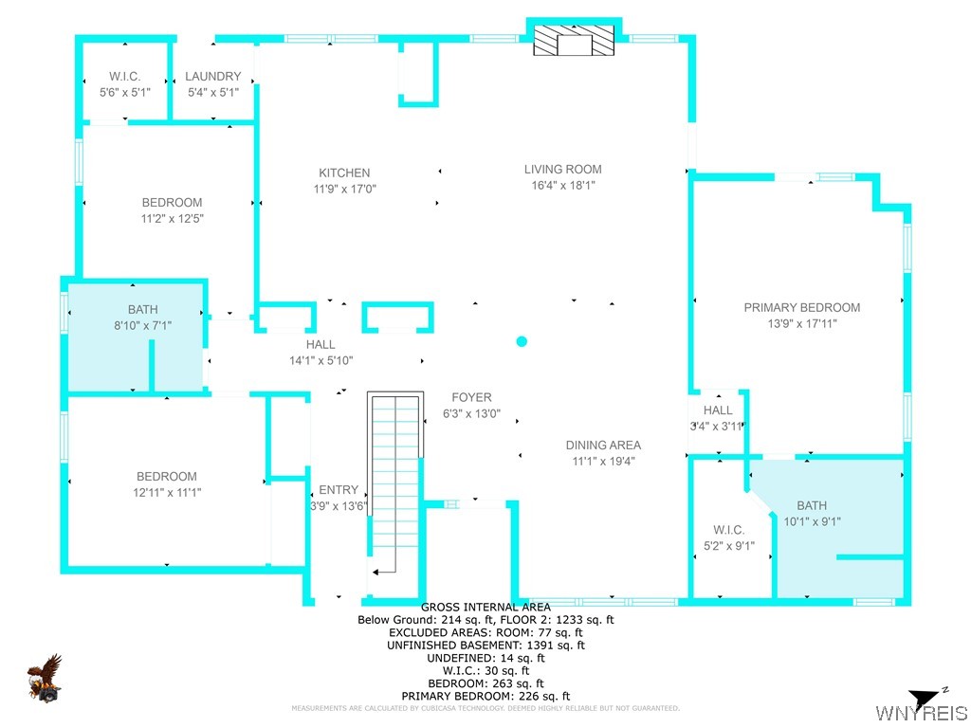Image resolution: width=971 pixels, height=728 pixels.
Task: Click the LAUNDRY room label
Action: pyautogui.click(x=213, y=76)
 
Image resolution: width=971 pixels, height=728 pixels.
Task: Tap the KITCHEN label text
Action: pyautogui.click(x=344, y=173)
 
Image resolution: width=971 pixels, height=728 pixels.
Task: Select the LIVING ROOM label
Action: pyautogui.click(x=563, y=169)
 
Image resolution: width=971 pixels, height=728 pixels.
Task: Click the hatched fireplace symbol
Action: pyautogui.click(x=574, y=40)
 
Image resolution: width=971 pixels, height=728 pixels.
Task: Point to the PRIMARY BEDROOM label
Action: pyautogui.click(x=802, y=308)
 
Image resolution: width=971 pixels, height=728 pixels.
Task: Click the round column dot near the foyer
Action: pyautogui.click(x=522, y=341)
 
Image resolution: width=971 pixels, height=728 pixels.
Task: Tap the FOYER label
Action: pyautogui.click(x=471, y=397)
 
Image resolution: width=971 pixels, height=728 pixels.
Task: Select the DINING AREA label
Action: pyautogui.click(x=603, y=446)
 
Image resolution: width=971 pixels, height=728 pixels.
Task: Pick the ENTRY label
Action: pyautogui.click(x=339, y=490)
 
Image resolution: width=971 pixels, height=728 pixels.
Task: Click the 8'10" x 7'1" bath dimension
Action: pyautogui.click(x=142, y=325)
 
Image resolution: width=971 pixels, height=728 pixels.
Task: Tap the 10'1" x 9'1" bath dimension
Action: pyautogui.click(x=812, y=521)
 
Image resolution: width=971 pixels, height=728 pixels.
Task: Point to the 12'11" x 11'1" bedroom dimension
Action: pyautogui.click(x=167, y=492)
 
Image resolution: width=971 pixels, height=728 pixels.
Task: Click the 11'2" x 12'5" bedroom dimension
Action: pyautogui.click(x=173, y=218)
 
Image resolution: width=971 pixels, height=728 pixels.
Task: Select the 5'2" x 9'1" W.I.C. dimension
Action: pyautogui.click(x=729, y=546)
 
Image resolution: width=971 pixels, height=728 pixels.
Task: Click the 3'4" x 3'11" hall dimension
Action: pyautogui.click(x=718, y=426)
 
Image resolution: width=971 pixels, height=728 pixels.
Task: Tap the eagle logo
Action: pyautogui.click(x=45, y=679)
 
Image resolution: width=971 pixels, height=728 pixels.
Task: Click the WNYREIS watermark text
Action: pyautogui.click(x=921, y=713)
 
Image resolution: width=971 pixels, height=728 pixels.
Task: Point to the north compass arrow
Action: pyautogui.click(x=924, y=698)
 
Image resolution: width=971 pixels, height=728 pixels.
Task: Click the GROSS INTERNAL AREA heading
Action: pyautogui.click(x=485, y=607)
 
